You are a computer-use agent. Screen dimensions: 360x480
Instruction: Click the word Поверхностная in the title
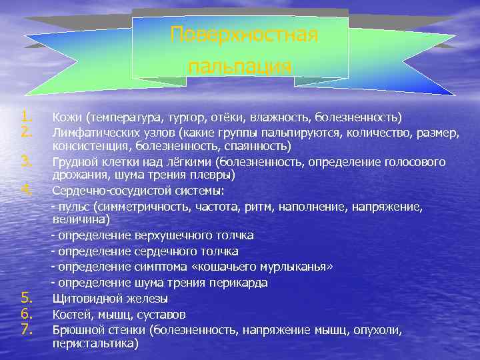244,35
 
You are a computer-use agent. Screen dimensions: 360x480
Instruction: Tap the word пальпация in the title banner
239,67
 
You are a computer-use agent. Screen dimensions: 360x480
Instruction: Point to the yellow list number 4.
27,189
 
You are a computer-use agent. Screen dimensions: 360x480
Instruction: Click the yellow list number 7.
27,329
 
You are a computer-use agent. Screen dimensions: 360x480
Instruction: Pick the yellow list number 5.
27,298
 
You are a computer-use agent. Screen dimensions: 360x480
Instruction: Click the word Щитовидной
84,298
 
